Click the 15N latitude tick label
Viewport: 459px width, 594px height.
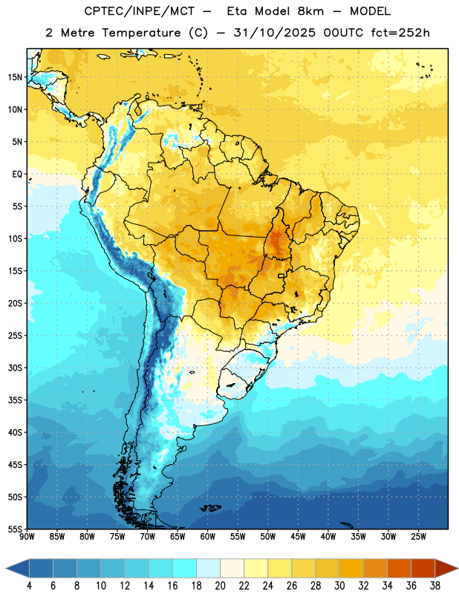coord(15,77)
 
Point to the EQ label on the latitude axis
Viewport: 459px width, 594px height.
coord(17,174)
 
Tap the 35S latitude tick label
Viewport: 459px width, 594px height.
coord(15,400)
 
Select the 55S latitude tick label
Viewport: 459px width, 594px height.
coord(15,529)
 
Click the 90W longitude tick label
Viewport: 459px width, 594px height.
coord(27,537)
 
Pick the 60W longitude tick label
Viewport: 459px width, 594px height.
coord(208,537)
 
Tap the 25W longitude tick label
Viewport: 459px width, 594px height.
coord(418,537)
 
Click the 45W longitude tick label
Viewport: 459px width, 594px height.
coord(298,537)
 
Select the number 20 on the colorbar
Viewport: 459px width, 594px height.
coord(220,586)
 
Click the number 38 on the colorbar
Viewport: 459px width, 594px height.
coord(435,586)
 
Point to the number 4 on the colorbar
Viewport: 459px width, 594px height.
coord(29,586)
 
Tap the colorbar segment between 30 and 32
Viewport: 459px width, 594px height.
coord(351,568)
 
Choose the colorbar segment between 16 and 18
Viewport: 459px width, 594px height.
coord(185,568)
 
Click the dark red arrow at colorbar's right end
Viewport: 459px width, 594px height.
coord(446,568)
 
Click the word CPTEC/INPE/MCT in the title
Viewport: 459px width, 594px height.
coord(139,11)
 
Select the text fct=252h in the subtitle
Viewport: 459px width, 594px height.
coord(400,33)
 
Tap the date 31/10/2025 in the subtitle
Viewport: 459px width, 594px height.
coord(274,33)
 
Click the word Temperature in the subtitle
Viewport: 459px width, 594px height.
coord(142,33)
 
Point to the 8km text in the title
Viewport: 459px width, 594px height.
coord(310,11)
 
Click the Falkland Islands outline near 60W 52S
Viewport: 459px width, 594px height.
coord(211,508)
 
